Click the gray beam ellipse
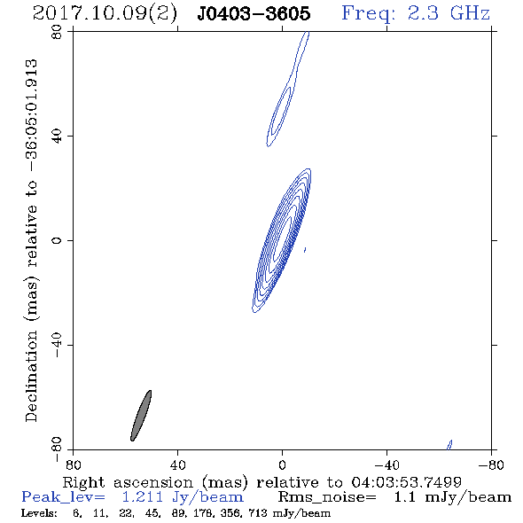[141, 416]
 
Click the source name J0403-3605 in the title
[254, 13]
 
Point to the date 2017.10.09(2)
[105, 14]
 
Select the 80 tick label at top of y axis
[57, 32]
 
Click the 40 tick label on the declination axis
[57, 137]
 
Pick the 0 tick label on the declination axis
[57, 240]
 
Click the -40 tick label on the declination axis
[57, 345]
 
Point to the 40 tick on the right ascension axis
[177, 465]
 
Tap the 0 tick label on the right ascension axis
[282, 465]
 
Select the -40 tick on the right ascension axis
[386, 465]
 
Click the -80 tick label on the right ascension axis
[491, 465]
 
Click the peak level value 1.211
[142, 497]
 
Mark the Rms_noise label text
[327, 497]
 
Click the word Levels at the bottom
[39, 512]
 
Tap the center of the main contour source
[282, 240]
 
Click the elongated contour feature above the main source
[287, 90]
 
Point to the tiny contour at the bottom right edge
[449, 445]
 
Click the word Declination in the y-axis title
[31, 376]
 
